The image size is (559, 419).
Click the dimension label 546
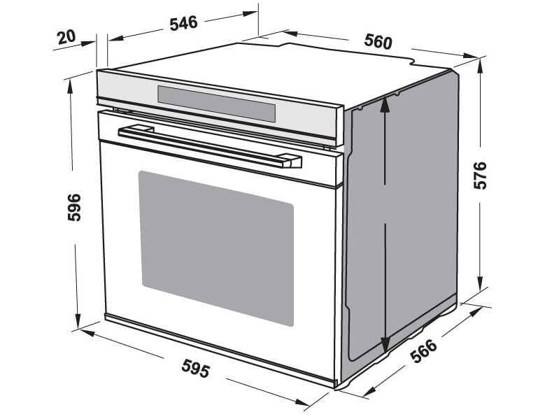tap(183, 22)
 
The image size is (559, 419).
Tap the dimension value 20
tap(67, 36)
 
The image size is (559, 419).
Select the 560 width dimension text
tap(378, 41)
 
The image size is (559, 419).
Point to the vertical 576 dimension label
tap(480, 175)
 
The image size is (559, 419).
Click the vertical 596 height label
tap(74, 207)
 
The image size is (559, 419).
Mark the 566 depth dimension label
tap(423, 350)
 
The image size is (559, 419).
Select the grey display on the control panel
tap(216, 104)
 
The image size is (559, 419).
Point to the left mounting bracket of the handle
tap(137, 129)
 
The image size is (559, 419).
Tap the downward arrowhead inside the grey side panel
tap(385, 346)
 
